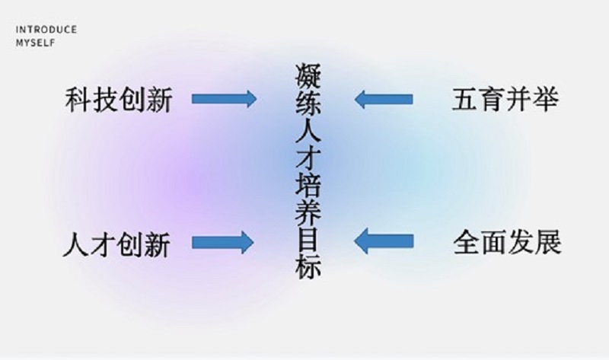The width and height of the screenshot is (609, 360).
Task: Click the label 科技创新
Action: pos(118,100)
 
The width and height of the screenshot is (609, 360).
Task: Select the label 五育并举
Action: pos(505,100)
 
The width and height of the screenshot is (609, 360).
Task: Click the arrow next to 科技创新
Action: pos(225,99)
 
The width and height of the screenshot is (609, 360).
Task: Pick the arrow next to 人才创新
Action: pos(222,242)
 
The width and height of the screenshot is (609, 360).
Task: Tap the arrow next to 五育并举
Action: pos(384,99)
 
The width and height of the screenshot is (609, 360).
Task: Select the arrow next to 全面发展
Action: pos(384,242)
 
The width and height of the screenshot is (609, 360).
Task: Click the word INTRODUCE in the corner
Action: pos(46,30)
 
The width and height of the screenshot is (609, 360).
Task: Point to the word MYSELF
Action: pos(35,43)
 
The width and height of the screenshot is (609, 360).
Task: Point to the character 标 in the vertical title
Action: pos(307,268)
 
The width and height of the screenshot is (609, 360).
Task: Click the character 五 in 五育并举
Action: pos(466,100)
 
